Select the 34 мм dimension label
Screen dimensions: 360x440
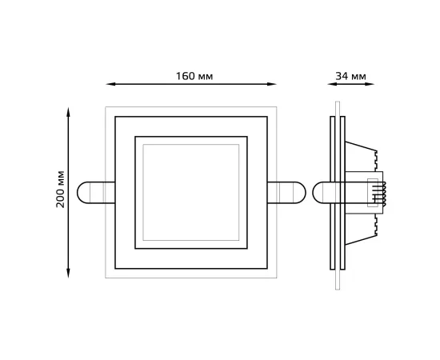[351, 77]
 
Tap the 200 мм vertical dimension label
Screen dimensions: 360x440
[61, 190]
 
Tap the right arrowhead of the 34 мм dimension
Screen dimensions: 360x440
[373, 84]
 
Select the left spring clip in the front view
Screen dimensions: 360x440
[95, 192]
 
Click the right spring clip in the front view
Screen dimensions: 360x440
[287, 192]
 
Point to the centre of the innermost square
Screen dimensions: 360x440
[191, 192]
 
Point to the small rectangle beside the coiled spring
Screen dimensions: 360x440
[371, 193]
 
